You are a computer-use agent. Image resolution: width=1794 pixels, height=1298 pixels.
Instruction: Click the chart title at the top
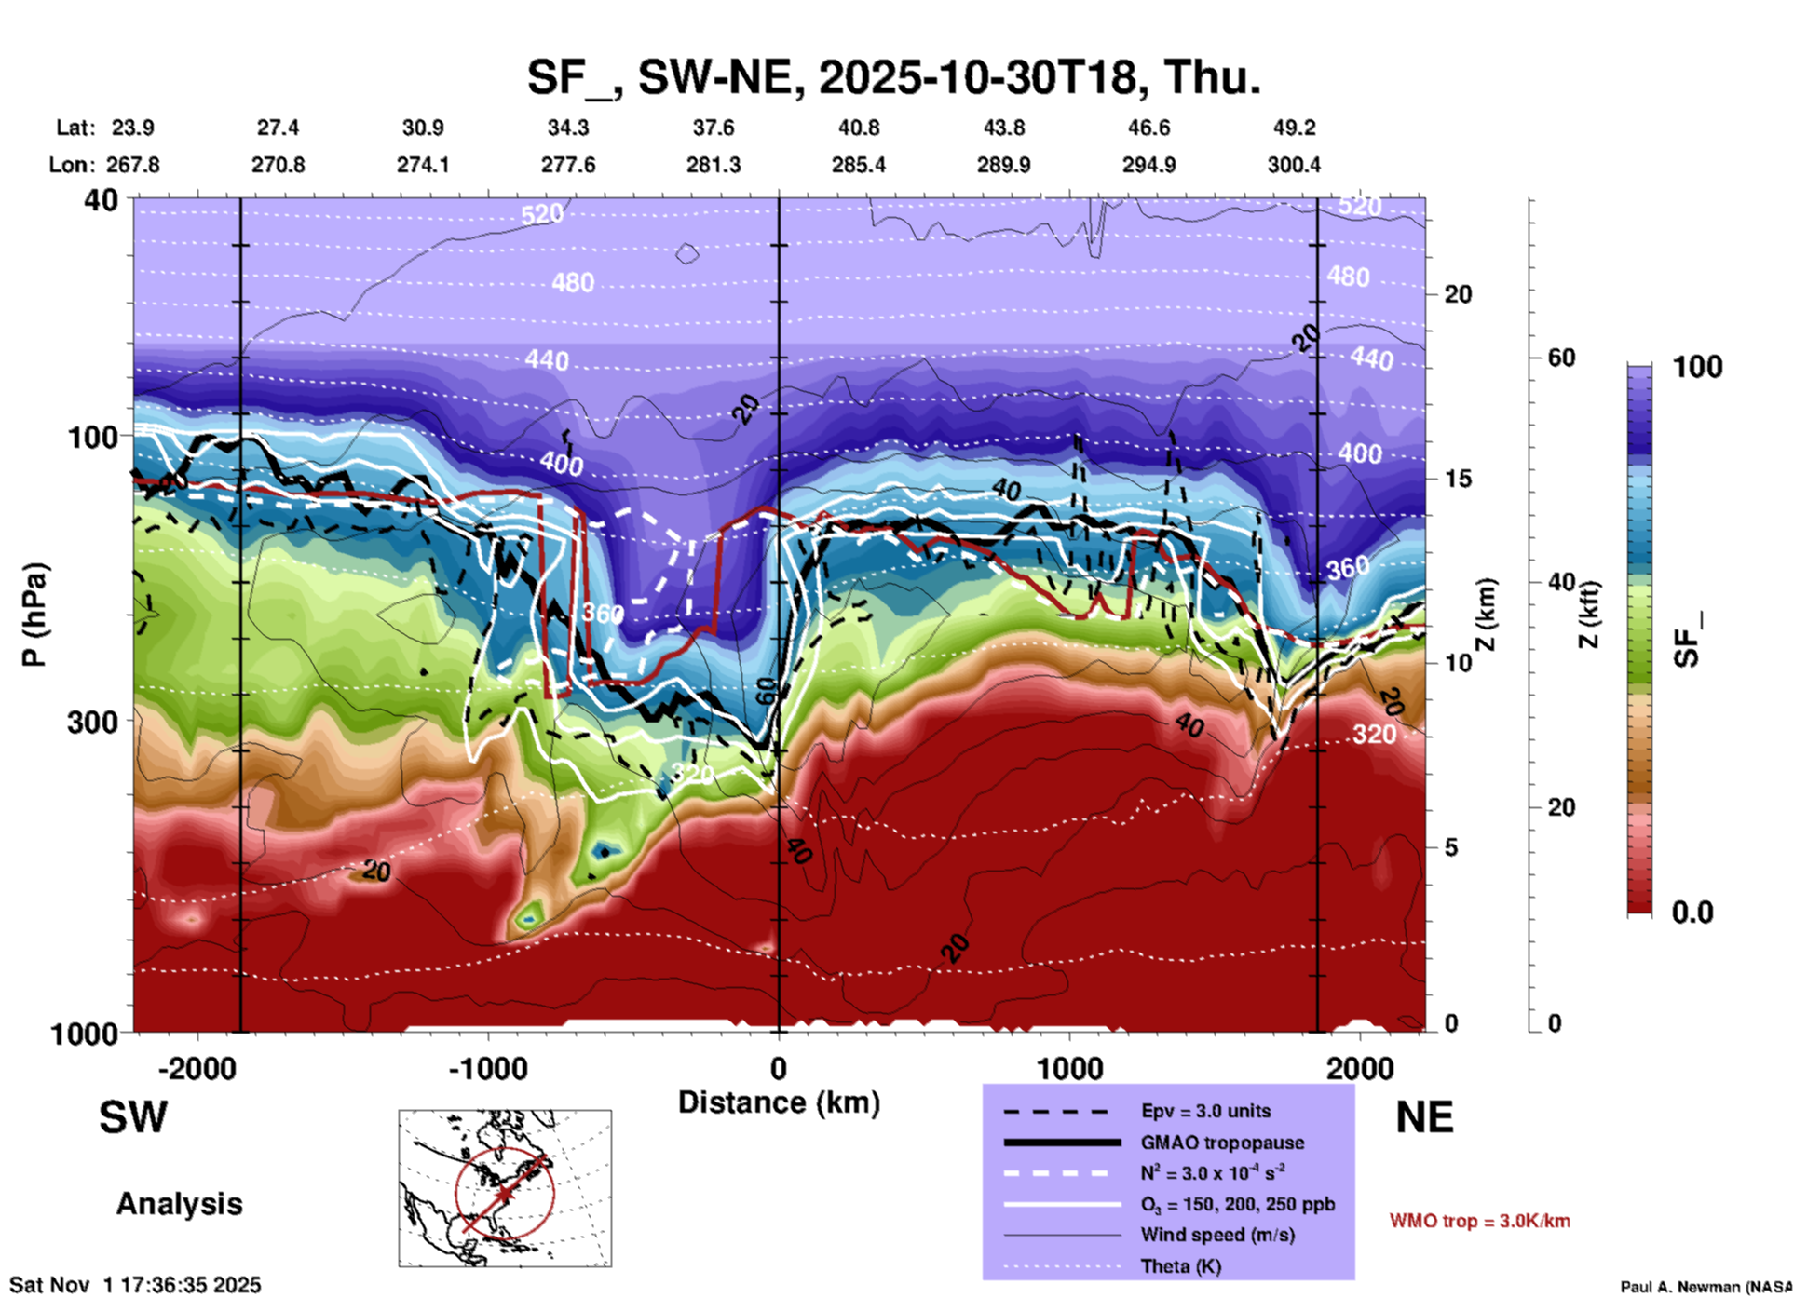tap(894, 76)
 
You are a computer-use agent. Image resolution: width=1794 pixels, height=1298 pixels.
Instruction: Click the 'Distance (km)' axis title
tap(779, 1102)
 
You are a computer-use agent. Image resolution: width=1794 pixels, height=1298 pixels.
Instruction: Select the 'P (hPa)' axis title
tap(34, 615)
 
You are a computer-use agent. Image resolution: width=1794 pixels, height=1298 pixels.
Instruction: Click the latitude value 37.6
tap(714, 128)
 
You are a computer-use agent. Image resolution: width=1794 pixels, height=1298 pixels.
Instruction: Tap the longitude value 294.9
tap(1148, 165)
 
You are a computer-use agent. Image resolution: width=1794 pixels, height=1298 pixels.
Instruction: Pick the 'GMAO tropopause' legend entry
tap(1222, 1143)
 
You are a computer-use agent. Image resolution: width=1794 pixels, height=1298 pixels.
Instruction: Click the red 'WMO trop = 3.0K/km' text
tap(1479, 1221)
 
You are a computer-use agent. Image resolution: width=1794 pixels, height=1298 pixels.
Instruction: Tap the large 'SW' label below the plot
tap(133, 1117)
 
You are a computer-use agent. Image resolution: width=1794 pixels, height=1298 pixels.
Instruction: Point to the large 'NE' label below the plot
tap(1424, 1117)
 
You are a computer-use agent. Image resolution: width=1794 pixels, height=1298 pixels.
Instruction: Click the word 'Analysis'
tap(179, 1204)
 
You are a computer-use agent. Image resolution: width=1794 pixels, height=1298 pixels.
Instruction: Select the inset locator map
tap(505, 1188)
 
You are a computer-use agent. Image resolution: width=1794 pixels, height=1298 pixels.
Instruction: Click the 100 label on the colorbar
tap(1697, 367)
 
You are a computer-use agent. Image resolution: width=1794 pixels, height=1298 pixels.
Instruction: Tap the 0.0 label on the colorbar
tap(1692, 913)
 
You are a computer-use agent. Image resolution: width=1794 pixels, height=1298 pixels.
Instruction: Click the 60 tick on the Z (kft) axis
tap(1561, 358)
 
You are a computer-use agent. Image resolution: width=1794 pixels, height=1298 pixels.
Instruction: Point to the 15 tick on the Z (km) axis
tap(1458, 479)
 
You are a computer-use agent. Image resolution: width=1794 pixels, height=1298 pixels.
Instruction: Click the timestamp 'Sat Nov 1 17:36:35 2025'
tap(136, 1286)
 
